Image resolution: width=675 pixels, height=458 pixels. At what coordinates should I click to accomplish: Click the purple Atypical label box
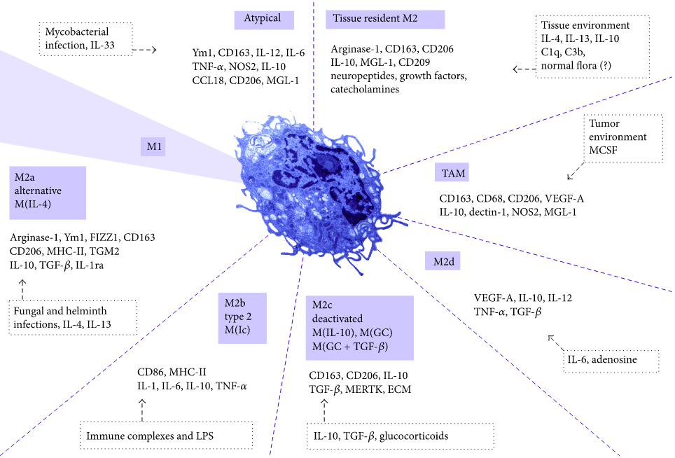pos(263,19)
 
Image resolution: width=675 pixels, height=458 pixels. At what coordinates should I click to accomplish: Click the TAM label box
pos(450,173)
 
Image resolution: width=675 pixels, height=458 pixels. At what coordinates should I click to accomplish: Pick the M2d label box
pos(442,261)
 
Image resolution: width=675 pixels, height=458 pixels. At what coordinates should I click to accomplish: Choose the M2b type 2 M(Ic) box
pos(242,319)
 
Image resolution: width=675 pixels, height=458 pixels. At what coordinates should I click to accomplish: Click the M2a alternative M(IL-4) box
pos(48,193)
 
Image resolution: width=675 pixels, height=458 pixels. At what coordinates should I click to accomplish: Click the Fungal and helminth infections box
pos(74,319)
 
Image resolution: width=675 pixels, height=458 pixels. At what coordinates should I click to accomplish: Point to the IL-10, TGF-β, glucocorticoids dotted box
pos(400,436)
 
